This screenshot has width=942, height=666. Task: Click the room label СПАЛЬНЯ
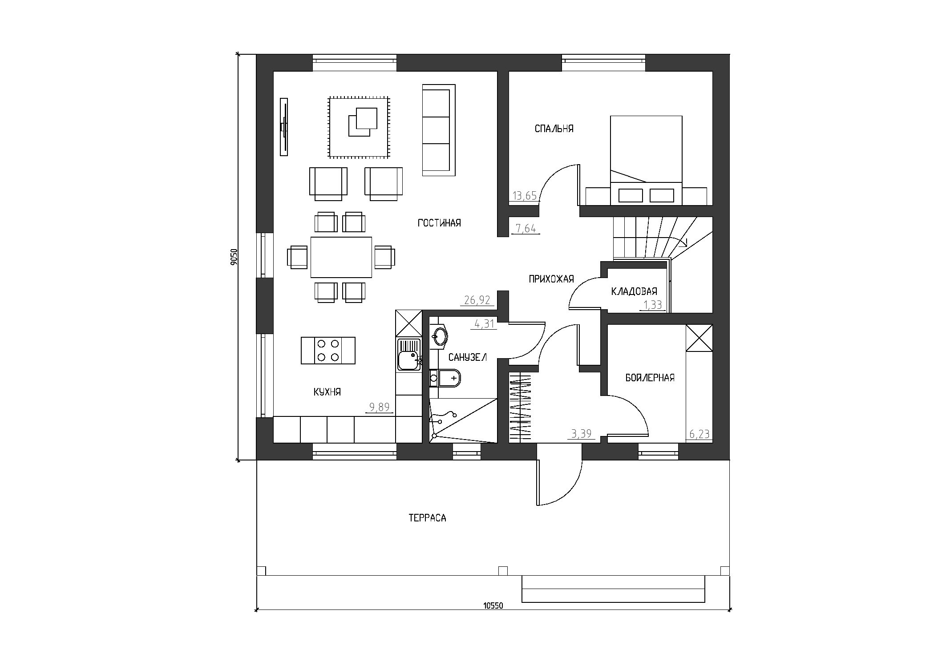click(x=554, y=129)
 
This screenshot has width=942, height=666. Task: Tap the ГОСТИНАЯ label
click(x=439, y=223)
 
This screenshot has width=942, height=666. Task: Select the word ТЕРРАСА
click(x=427, y=518)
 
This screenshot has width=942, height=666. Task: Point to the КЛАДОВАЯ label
click(x=634, y=291)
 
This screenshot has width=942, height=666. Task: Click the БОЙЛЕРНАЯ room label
click(x=650, y=378)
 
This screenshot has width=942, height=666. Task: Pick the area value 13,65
click(x=525, y=196)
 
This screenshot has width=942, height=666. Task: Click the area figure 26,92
click(x=477, y=300)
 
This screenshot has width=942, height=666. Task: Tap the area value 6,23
click(x=699, y=434)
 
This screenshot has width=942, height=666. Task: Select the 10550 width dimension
click(x=493, y=605)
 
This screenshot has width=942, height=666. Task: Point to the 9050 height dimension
click(x=234, y=257)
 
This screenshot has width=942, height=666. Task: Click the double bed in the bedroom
click(x=646, y=160)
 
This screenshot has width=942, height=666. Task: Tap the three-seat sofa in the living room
click(x=438, y=130)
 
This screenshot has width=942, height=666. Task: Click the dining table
click(x=341, y=257)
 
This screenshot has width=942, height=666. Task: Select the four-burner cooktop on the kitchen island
click(x=328, y=351)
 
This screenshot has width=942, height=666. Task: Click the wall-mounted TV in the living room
click(x=283, y=127)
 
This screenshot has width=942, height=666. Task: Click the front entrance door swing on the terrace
click(x=560, y=482)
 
